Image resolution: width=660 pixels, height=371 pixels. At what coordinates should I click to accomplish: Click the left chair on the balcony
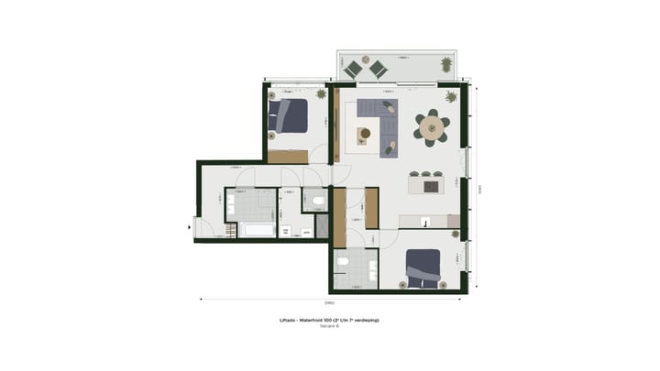(354, 68)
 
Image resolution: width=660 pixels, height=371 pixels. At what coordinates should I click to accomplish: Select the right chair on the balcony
(377, 68)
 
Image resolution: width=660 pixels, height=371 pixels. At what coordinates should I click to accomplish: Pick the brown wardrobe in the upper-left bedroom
(287, 157)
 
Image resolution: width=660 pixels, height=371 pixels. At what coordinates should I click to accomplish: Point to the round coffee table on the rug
(365, 133)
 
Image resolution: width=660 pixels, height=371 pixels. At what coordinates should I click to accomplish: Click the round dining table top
(431, 127)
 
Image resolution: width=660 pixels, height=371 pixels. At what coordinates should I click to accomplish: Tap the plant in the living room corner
(451, 95)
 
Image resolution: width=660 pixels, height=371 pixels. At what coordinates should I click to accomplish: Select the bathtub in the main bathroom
(250, 229)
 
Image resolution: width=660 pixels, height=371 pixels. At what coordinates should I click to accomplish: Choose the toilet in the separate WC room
(316, 198)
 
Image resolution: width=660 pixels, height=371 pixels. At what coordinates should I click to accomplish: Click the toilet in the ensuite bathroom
(342, 262)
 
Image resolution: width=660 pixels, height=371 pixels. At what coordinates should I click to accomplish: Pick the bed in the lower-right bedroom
(424, 268)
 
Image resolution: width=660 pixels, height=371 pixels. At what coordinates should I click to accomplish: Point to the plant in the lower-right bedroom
(455, 235)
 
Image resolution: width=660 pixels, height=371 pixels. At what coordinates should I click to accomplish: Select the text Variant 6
(329, 326)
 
